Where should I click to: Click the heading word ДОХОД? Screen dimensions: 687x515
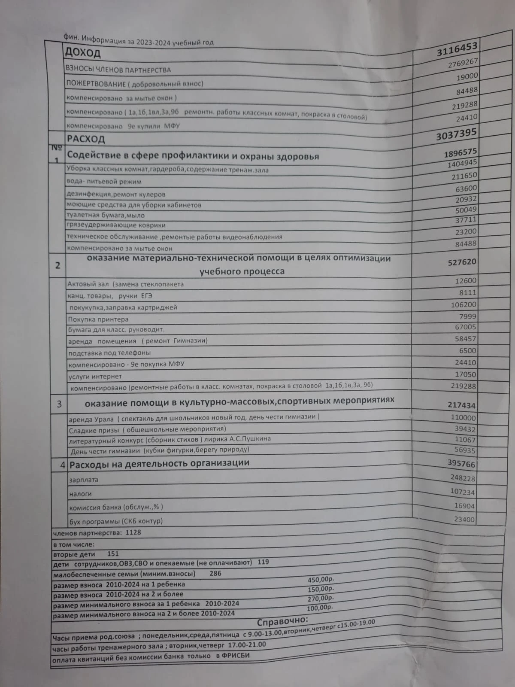[x=82, y=53]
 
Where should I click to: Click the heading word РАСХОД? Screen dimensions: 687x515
[x=86, y=139]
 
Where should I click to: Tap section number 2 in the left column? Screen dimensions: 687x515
[x=58, y=265]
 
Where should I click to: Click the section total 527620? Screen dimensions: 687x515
[x=462, y=262]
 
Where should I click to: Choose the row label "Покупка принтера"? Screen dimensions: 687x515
[x=98, y=319]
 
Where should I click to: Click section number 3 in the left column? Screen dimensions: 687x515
[x=59, y=404]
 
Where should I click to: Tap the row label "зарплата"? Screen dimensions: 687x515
[x=84, y=480]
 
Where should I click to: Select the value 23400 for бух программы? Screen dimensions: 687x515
[x=464, y=520]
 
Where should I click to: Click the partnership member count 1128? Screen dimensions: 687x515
[x=133, y=533]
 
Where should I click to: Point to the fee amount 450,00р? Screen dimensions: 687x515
[x=321, y=580]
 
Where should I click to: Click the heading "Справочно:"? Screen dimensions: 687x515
[x=282, y=621]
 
